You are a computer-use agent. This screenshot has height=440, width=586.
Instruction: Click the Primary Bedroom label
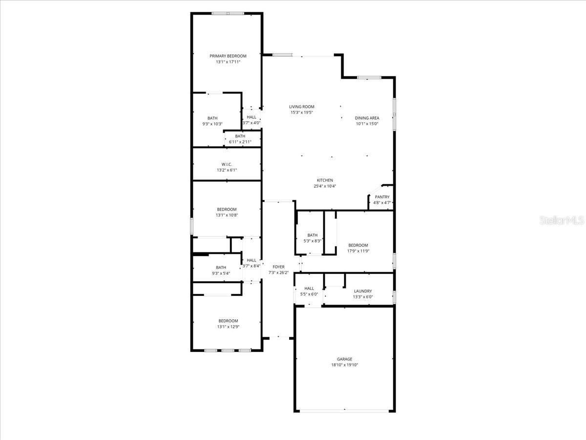coord(228,56)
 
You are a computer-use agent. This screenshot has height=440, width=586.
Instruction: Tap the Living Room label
coord(301,107)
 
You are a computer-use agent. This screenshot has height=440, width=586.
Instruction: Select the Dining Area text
coord(367,118)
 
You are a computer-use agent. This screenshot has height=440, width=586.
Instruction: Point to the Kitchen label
coord(325,180)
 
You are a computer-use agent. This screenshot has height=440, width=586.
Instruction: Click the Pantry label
coord(382,197)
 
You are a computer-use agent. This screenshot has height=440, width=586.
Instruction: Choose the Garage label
coord(344,359)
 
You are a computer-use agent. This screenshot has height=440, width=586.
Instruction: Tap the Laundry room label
coord(363,291)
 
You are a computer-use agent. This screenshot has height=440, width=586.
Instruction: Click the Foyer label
coord(278,267)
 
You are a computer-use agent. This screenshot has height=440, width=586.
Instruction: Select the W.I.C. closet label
coord(226,164)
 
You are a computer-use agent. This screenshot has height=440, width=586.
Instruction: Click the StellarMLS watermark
coord(561,220)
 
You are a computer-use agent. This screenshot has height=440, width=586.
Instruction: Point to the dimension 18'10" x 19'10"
coord(344,365)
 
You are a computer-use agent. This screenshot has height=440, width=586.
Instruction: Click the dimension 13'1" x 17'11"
coord(228,62)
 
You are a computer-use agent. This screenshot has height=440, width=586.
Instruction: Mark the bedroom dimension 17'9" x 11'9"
coord(358,251)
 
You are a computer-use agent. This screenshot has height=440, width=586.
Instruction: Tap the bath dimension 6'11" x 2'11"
coord(240,142)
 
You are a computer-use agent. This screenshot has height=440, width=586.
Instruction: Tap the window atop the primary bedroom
coord(227,13)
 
